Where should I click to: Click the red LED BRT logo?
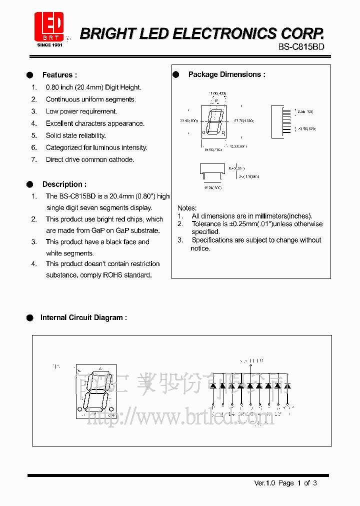pos(48,26)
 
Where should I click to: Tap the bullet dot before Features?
pos(30,75)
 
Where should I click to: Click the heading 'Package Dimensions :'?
pos(226,74)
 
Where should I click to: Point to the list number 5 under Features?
pos(34,135)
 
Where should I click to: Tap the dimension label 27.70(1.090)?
pos(243,121)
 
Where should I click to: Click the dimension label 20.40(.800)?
pos(188,121)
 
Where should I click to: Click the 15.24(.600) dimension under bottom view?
pos(212,187)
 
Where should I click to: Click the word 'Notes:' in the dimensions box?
pos(187,208)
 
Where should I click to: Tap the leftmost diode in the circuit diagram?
pos(213,386)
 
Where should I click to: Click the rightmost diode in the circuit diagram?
pos(287,386)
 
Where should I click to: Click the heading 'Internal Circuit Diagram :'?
pos(83,317)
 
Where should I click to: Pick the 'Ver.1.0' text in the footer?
pos(265,483)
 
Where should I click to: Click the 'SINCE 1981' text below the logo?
pos(49,44)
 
